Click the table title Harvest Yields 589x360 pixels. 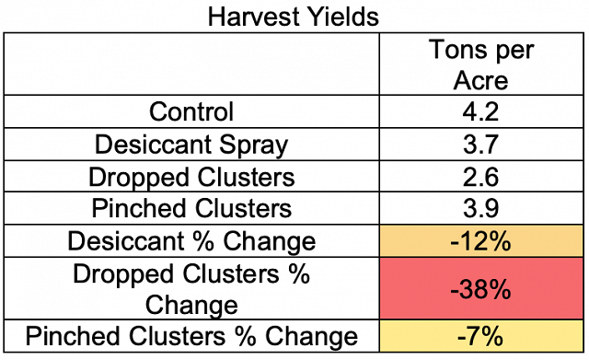click(x=294, y=17)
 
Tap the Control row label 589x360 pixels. click(x=191, y=111)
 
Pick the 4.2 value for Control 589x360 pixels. click(x=480, y=111)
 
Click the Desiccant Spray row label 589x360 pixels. click(x=191, y=145)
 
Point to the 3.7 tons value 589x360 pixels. click(x=480, y=145)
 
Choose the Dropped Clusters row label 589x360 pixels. click(x=191, y=178)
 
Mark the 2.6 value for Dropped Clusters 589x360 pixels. click(x=480, y=177)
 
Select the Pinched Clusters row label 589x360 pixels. click(x=191, y=208)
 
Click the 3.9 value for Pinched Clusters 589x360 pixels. click(x=480, y=208)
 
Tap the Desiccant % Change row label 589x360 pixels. click(x=191, y=241)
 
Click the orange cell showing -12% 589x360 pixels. click(x=481, y=241)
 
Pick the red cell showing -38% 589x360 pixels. click(x=481, y=288)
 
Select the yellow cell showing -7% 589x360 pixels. click(x=481, y=336)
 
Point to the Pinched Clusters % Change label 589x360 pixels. click(x=191, y=336)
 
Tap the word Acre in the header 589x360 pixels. click(x=480, y=80)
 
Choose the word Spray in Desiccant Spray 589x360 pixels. click(x=254, y=145)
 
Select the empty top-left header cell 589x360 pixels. click(x=191, y=64)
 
